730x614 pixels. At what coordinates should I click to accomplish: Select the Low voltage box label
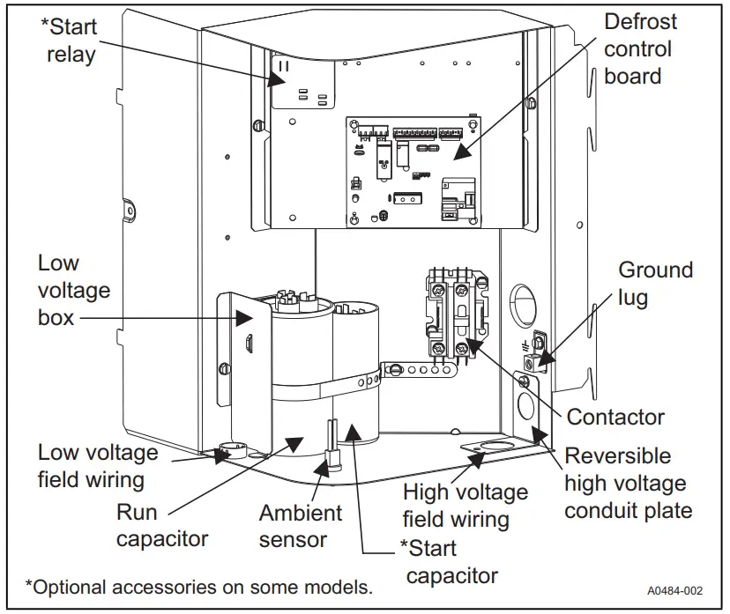[74, 290]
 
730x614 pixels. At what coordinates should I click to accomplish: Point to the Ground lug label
[655, 283]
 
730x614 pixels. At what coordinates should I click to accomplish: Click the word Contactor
[615, 417]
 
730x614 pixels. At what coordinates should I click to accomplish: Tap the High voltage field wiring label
[465, 506]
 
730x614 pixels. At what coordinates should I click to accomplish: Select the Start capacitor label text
[449, 561]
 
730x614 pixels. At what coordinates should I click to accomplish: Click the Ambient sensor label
[301, 526]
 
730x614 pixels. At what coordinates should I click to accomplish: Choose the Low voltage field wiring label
[98, 466]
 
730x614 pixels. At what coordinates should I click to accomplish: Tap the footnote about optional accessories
[198, 586]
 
